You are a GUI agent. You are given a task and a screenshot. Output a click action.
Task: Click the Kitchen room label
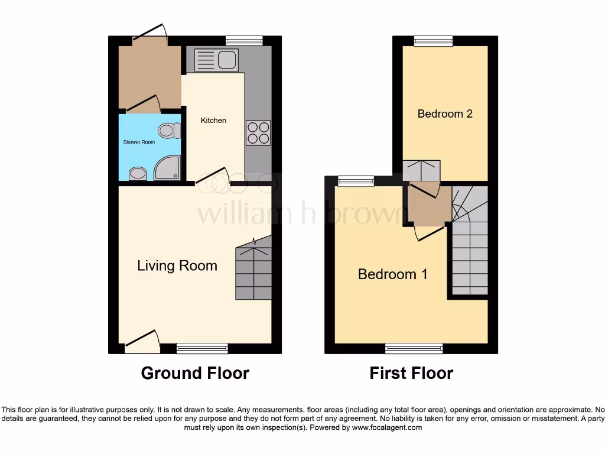tap(213, 121)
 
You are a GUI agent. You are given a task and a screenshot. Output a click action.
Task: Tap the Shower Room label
tap(139, 142)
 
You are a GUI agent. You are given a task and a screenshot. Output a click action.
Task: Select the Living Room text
tap(177, 266)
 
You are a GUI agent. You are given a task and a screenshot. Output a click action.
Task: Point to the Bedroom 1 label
tap(393, 274)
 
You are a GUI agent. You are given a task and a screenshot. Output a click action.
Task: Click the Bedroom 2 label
tap(445, 113)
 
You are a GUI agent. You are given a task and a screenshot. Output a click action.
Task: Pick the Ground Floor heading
tap(195, 374)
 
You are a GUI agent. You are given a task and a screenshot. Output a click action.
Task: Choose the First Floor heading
tap(411, 374)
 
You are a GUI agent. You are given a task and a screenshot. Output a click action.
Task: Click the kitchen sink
tap(216, 60)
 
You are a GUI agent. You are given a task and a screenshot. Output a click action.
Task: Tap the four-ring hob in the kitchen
tap(258, 132)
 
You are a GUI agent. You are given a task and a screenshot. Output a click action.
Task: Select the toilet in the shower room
tap(168, 130)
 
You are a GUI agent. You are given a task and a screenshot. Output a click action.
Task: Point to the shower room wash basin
tap(138, 173)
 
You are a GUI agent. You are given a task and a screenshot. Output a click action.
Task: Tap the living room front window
tap(202, 349)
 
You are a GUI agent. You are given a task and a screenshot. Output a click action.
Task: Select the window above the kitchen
tap(244, 40)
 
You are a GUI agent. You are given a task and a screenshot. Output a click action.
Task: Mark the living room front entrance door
tap(142, 343)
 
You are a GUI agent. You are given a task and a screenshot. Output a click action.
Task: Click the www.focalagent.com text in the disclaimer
tap(386, 427)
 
